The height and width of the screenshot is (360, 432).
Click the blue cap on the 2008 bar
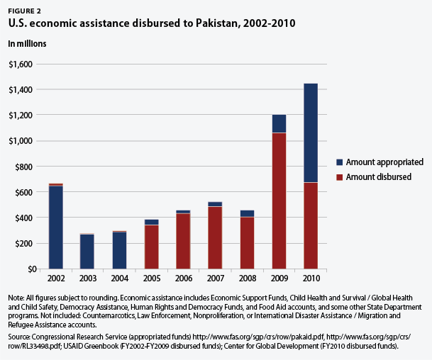[246, 213]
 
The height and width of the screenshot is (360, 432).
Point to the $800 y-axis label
[25, 167]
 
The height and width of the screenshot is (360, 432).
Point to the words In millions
[27, 43]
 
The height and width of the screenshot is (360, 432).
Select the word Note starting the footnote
[16, 299]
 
